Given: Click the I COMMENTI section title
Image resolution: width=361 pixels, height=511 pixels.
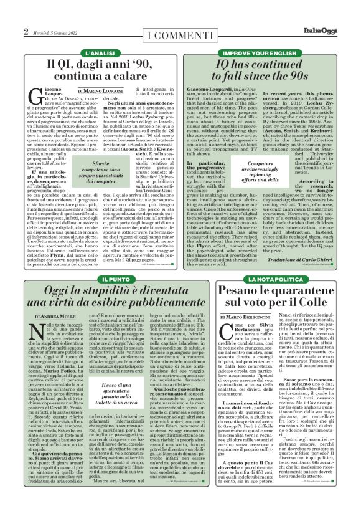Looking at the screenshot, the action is [180, 32].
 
